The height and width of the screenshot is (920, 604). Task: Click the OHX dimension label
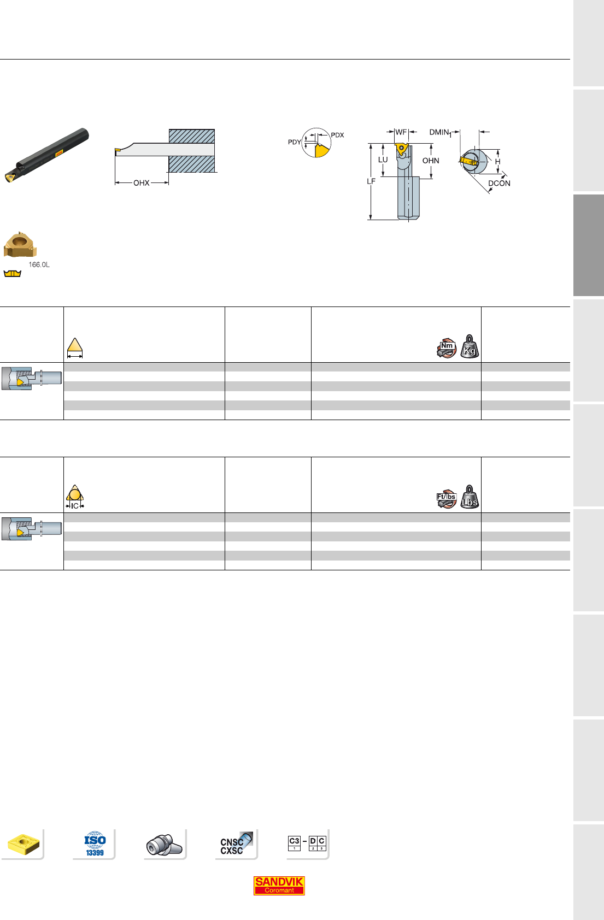click(142, 183)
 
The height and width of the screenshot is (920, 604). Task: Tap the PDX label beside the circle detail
click(337, 135)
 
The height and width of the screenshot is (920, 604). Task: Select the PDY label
click(294, 142)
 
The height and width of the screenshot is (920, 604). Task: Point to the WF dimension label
click(401, 132)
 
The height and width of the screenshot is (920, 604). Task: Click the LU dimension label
click(383, 160)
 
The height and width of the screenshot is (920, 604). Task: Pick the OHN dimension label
click(431, 161)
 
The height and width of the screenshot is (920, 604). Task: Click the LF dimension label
click(371, 181)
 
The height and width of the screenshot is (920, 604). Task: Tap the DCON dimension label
click(499, 183)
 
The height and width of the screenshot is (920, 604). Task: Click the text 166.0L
click(39, 265)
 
